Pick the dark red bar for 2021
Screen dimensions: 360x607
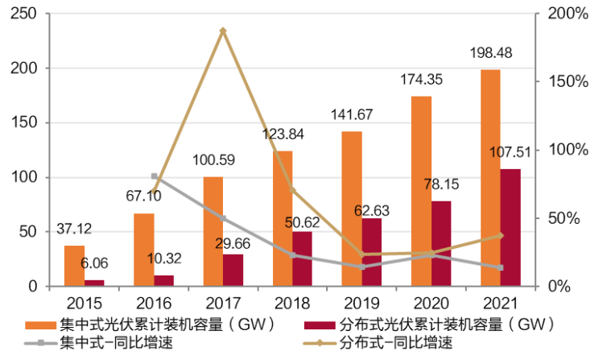(x=510, y=227)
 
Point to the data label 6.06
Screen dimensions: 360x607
(x=94, y=263)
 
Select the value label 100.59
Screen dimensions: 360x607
(x=213, y=160)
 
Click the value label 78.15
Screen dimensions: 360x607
(x=441, y=184)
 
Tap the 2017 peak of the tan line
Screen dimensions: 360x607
(x=223, y=31)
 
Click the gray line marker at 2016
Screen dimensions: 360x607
(x=154, y=176)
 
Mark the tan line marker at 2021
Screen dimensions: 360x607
(x=500, y=235)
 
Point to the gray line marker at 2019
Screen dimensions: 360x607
(x=361, y=267)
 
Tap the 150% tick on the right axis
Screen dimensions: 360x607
(x=569, y=81)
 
